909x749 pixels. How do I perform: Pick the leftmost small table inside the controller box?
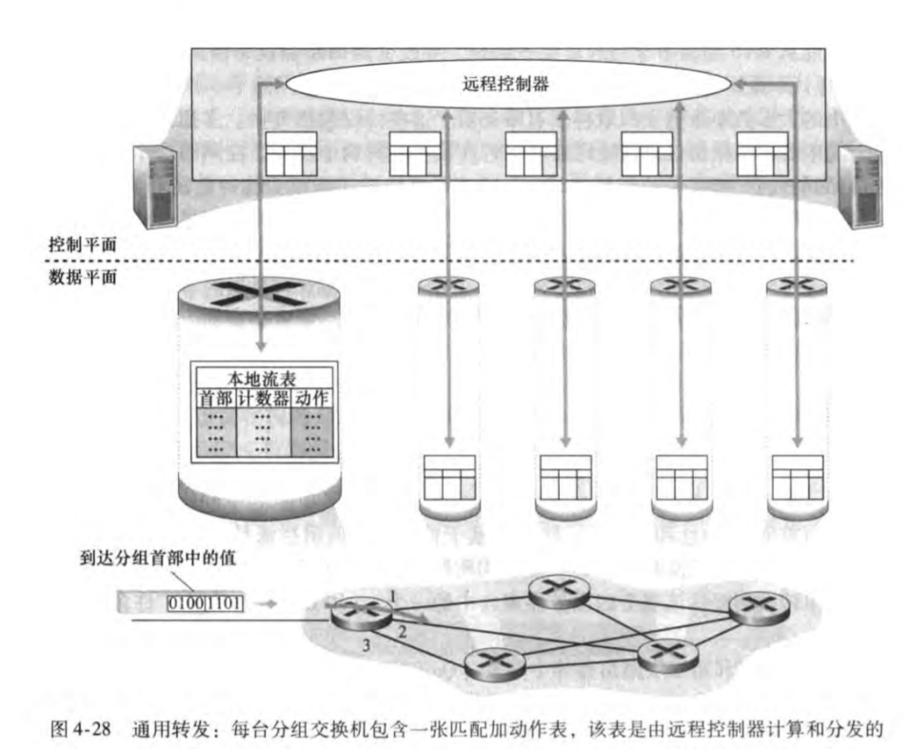(289, 153)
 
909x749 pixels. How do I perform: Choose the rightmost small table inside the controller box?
(762, 153)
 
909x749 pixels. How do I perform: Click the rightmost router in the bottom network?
(759, 605)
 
